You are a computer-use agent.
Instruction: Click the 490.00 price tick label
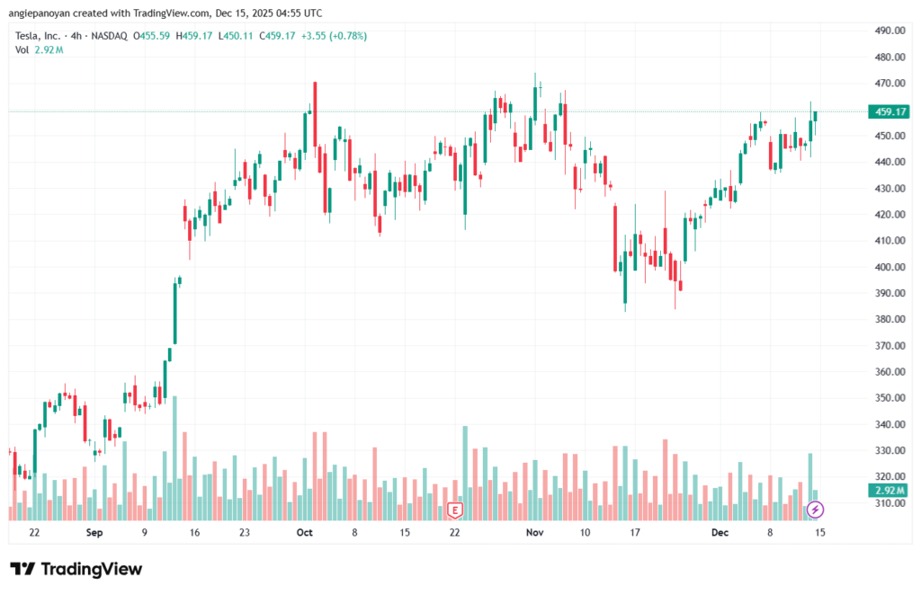(x=889, y=31)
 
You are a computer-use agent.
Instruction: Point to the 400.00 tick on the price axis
(x=889, y=267)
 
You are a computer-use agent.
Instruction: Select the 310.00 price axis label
(x=889, y=503)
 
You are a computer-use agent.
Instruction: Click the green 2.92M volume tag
(x=889, y=490)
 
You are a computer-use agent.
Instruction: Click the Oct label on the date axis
(x=304, y=532)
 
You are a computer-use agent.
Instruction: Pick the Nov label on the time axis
(x=535, y=532)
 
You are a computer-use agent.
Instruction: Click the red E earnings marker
(x=455, y=510)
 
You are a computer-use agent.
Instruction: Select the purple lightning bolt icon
(x=815, y=510)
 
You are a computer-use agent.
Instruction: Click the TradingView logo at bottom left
(x=76, y=569)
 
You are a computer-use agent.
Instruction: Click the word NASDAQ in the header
(x=108, y=36)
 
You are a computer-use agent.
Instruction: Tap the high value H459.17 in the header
(x=194, y=36)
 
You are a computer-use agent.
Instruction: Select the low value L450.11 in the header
(x=236, y=36)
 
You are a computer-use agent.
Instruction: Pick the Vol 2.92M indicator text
(x=39, y=49)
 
